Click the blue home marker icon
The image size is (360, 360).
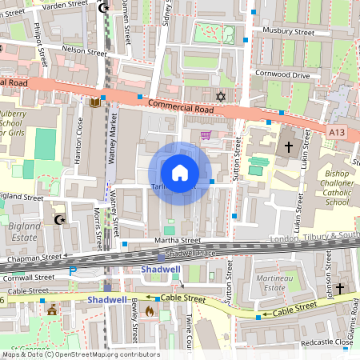[x=180, y=172]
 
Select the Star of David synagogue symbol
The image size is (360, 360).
[x=222, y=97]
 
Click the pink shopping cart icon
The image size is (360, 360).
[x=205, y=135]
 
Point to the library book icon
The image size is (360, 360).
[x=94, y=102]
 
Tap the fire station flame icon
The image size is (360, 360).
[x=150, y=314]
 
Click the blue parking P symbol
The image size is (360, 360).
[x=74, y=271]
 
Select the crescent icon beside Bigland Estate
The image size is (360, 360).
[x=58, y=218]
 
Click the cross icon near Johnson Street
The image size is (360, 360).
[x=339, y=287]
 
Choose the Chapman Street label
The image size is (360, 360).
[x=34, y=258]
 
